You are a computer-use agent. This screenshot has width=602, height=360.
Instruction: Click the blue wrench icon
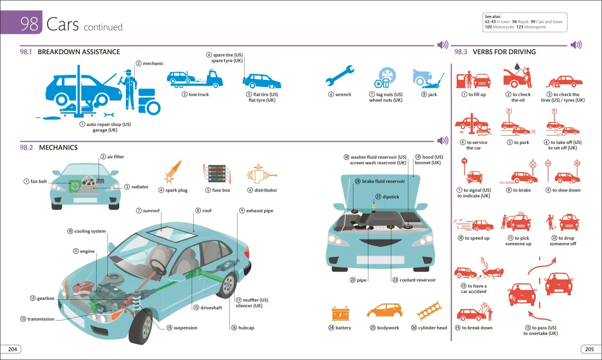(x=340, y=77)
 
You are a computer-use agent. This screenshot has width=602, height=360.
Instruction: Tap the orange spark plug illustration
(x=173, y=172)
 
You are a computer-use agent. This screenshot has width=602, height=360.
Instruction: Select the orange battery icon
(x=340, y=313)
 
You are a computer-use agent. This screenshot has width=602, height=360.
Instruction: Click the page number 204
(x=11, y=349)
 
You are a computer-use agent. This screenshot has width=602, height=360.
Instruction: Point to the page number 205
(x=589, y=349)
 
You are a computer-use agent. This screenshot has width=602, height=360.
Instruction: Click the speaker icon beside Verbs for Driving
(x=576, y=45)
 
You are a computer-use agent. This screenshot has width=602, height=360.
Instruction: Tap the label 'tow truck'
(x=199, y=95)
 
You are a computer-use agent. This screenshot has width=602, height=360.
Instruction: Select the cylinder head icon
(x=432, y=312)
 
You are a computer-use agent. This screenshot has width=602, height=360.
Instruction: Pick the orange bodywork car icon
(x=384, y=311)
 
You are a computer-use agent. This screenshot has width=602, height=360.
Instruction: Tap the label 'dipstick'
(x=391, y=196)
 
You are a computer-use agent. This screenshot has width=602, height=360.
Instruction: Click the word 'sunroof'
(x=151, y=211)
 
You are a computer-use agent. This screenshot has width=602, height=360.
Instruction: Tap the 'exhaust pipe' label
(x=259, y=211)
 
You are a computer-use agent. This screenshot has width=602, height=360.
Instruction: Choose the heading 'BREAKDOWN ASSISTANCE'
(x=79, y=52)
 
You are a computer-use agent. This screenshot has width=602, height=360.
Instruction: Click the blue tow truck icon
(x=195, y=79)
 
